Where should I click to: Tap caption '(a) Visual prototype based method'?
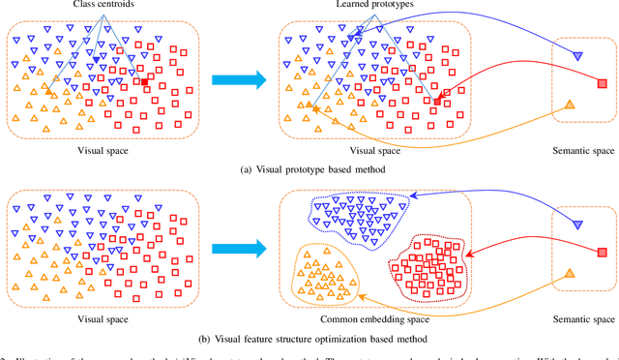click(x=309, y=168)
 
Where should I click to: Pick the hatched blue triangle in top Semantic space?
click(x=577, y=56)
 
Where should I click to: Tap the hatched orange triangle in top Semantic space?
click(x=570, y=105)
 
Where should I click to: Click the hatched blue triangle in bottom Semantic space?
click(x=577, y=225)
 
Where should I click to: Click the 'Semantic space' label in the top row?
click(x=582, y=151)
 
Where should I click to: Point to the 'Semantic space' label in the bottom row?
click(x=582, y=319)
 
